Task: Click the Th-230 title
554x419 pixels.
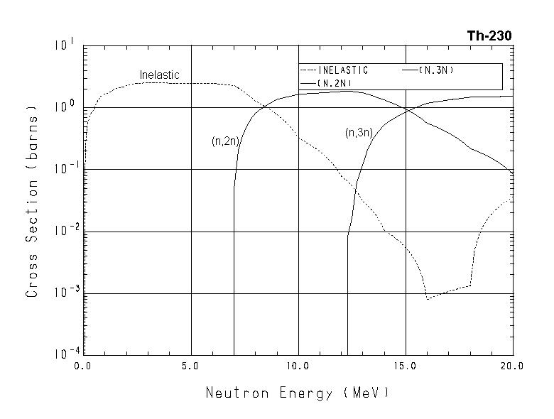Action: pyautogui.click(x=489, y=35)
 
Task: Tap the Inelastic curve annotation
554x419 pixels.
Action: pyautogui.click(x=159, y=75)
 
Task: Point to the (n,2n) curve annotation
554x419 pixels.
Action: pyautogui.click(x=225, y=141)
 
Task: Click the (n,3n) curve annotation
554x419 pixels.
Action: pyautogui.click(x=359, y=133)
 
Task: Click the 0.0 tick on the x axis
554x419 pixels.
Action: pyautogui.click(x=85, y=366)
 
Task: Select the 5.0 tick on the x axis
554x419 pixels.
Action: pyautogui.click(x=191, y=366)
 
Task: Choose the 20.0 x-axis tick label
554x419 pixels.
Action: pyautogui.click(x=511, y=366)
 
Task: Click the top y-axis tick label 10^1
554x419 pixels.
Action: pyautogui.click(x=64, y=45)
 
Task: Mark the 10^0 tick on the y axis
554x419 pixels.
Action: pyautogui.click(x=64, y=107)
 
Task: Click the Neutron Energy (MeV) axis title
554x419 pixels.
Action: pyautogui.click(x=298, y=392)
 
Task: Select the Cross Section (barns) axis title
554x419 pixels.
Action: pyautogui.click(x=31, y=201)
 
